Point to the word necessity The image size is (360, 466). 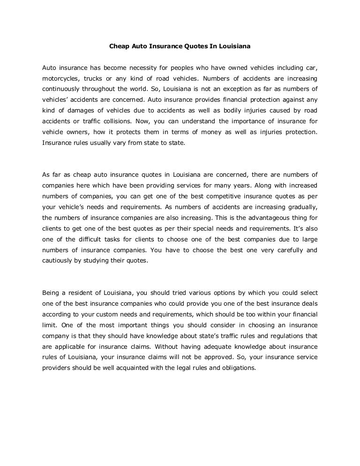pyautogui.click(x=147, y=68)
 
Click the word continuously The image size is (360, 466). pyautogui.click(x=63, y=89)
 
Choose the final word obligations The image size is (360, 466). pyautogui.click(x=237, y=368)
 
